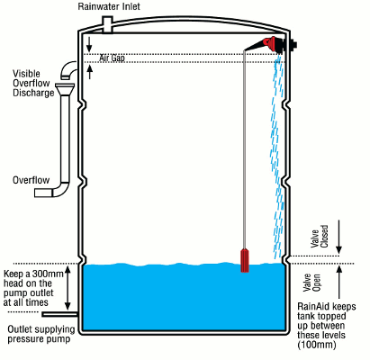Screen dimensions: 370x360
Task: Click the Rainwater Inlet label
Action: click(109, 6)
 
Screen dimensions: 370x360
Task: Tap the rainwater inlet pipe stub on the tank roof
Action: click(107, 24)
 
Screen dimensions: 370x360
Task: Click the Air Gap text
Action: click(112, 58)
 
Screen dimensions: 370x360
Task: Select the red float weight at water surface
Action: click(245, 260)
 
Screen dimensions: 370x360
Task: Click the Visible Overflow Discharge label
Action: click(33, 83)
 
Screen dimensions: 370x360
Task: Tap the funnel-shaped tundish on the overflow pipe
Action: click(64, 89)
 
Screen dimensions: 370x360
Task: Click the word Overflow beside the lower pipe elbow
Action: click(31, 180)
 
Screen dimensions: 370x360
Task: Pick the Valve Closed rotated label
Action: click(320, 237)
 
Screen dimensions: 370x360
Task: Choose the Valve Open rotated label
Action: click(311, 283)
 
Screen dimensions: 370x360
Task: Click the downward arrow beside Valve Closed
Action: click(338, 237)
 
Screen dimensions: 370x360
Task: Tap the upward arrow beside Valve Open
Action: click(339, 282)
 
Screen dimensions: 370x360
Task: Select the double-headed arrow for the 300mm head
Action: click(68, 288)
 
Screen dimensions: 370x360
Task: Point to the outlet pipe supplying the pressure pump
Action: click(60, 314)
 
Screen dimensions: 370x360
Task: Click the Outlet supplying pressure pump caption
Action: click(41, 334)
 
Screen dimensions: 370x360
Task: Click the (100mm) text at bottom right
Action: click(317, 345)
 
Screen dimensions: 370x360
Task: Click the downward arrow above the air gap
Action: click(89, 44)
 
